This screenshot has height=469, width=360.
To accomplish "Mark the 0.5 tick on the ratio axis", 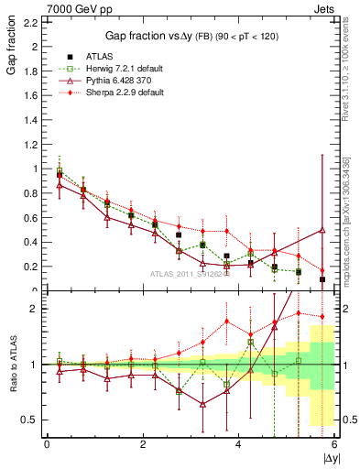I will [31, 420].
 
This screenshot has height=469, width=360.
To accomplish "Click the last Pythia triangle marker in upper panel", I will [322, 231].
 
